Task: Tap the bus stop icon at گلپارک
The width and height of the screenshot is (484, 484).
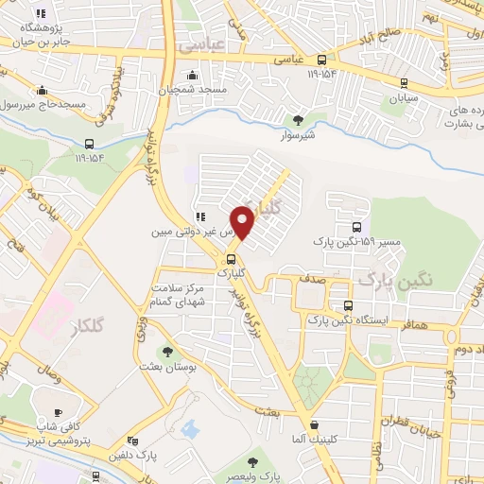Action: (x=230, y=258)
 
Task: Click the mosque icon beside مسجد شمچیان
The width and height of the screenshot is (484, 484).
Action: (x=194, y=75)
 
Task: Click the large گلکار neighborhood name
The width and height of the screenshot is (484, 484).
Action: (x=87, y=327)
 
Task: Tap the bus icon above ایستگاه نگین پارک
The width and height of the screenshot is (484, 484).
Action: (x=349, y=306)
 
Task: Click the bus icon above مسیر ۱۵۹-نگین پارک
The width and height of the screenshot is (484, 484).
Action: (x=356, y=227)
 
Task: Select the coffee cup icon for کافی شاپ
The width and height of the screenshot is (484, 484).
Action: (x=59, y=412)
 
